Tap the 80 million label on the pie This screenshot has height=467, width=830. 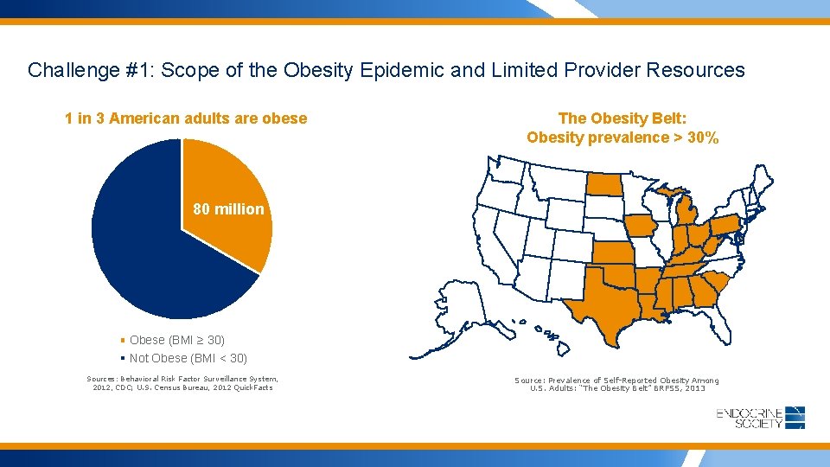tap(228, 208)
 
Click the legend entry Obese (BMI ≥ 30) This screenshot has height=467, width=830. tap(176, 340)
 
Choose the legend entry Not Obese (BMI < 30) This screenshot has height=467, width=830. tap(188, 358)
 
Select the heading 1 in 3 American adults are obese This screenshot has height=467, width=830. tap(185, 118)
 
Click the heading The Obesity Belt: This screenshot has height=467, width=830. tap(622, 118)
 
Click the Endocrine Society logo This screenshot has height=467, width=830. tap(761, 418)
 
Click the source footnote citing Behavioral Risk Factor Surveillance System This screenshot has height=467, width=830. tap(182, 383)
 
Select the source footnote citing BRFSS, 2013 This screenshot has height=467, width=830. tap(616, 385)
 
